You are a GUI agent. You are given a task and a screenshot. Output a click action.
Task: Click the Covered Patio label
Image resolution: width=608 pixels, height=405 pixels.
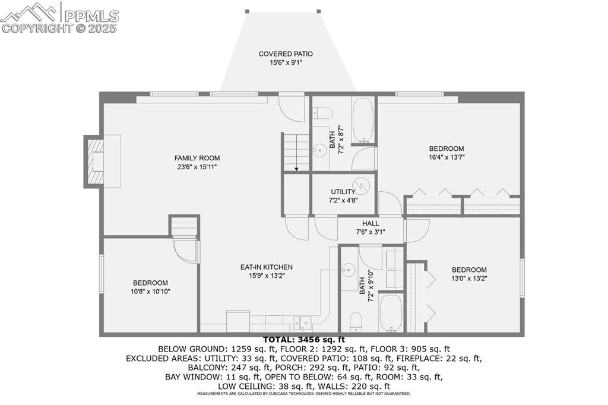[285, 54]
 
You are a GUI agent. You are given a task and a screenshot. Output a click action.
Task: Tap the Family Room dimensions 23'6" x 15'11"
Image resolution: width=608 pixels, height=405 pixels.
[197, 167]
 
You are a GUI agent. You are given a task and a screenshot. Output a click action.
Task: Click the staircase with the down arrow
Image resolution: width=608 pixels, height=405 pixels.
[296, 152]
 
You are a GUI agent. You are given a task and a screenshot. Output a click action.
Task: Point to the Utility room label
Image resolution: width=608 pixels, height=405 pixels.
[343, 192]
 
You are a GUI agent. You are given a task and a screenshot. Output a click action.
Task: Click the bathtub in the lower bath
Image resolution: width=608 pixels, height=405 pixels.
[391, 313]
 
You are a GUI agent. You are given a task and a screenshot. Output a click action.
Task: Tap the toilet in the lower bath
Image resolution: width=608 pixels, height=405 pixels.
[356, 321]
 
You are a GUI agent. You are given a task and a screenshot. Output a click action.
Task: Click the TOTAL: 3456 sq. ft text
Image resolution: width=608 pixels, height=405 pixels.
[303, 340]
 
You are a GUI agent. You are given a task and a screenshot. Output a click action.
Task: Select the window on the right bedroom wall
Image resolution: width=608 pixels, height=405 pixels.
[522, 277]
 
